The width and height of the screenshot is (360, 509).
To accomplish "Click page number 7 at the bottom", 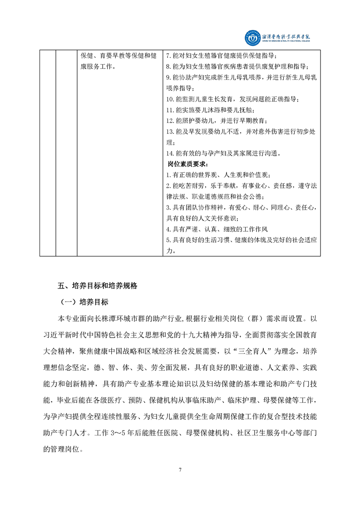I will click(x=180, y=470).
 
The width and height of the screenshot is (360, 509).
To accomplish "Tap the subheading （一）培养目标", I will click(x=84, y=301).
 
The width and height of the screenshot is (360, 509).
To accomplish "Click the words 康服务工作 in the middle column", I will click(x=95, y=67).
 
